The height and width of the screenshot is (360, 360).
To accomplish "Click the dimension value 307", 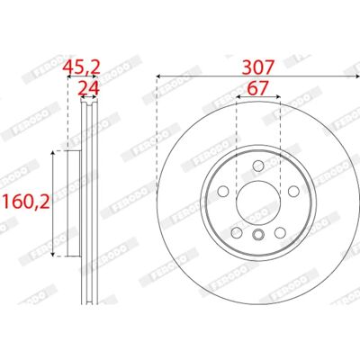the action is [x=258, y=67].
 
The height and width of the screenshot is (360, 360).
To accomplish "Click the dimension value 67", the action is [x=258, y=88].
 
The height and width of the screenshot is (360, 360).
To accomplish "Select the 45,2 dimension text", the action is [x=81, y=67].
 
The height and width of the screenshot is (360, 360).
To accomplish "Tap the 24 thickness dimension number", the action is [x=89, y=88].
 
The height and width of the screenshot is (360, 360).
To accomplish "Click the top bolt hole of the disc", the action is [x=258, y=166].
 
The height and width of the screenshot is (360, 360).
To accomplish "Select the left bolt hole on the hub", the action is [x=223, y=191].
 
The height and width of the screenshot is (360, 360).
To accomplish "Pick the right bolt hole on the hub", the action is [x=293, y=191].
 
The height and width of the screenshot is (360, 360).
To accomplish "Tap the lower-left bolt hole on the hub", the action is [x=237, y=232].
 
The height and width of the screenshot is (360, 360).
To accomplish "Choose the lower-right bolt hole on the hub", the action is [x=280, y=232].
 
